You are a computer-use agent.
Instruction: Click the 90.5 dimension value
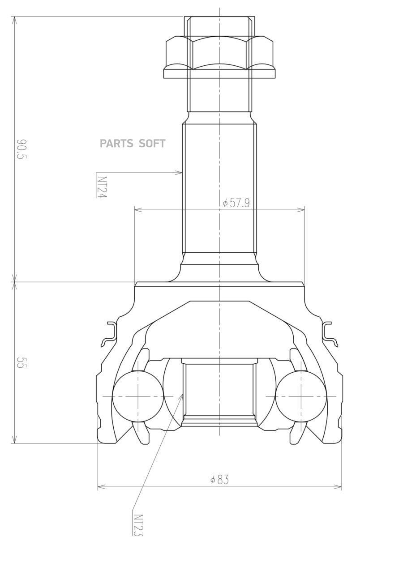(x=21, y=149)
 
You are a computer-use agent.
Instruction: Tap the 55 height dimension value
(x=21, y=362)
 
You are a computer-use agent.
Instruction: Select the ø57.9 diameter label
(x=236, y=203)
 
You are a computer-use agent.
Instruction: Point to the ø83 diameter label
(x=219, y=480)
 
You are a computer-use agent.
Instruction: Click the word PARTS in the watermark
(x=116, y=144)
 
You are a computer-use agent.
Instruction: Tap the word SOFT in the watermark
(x=152, y=144)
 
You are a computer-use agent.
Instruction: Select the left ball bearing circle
(x=138, y=396)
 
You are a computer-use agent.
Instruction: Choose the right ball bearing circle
(x=301, y=396)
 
